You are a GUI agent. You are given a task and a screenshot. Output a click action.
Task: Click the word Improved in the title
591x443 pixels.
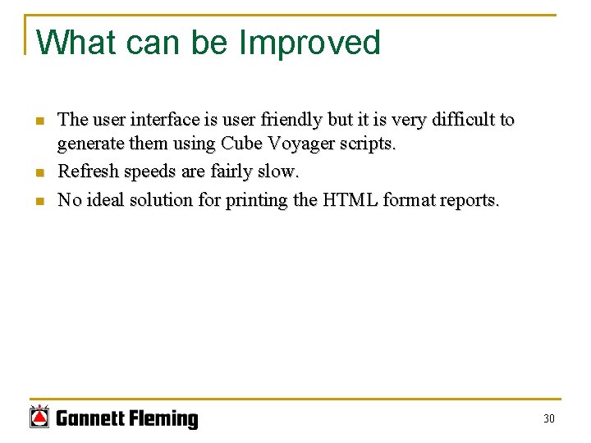[309, 43]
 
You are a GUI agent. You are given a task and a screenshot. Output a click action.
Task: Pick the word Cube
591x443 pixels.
[240, 145]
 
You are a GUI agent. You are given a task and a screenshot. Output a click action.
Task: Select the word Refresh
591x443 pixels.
[85, 172]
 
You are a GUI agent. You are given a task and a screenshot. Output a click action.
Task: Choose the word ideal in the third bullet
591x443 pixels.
[104, 200]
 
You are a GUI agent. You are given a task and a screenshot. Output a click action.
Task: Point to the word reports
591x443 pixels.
[468, 201]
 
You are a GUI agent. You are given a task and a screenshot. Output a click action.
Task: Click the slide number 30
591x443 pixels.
[549, 419]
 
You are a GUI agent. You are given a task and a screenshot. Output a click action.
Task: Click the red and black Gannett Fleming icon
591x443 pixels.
[39, 417]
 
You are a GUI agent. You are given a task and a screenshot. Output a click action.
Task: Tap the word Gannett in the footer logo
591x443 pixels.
[89, 419]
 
